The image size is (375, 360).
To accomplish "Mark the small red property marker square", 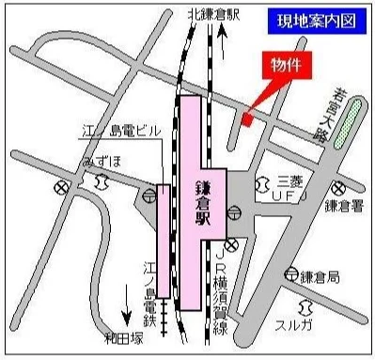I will coord(246,119).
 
